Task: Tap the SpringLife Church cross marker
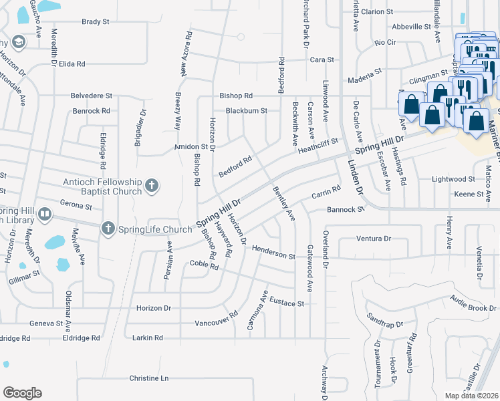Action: (x=107, y=229)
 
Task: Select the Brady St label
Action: (x=96, y=22)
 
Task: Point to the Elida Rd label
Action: (x=72, y=64)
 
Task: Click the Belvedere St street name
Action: (x=92, y=96)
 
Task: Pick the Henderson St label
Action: (x=273, y=255)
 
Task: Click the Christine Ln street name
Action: (x=149, y=378)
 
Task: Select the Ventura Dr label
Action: (x=373, y=238)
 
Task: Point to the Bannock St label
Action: (x=345, y=209)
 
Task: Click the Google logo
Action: (x=22, y=393)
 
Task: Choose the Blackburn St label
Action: (x=246, y=110)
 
